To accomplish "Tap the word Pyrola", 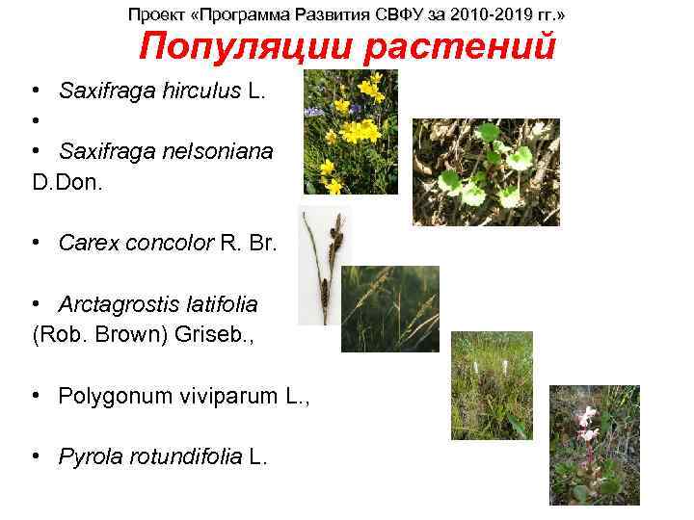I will (89, 456).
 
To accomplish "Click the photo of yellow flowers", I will (349, 132).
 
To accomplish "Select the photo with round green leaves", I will (486, 171).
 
